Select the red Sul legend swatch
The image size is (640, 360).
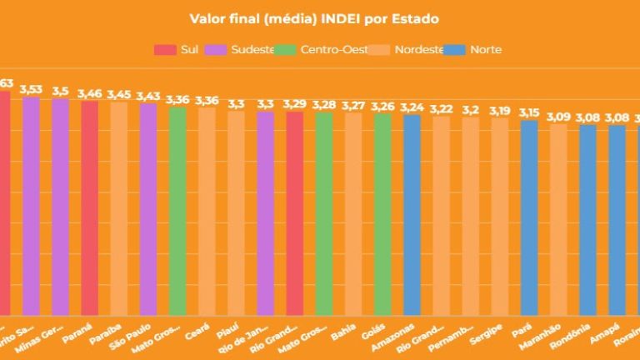[x=165, y=49]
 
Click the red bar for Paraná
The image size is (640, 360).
[x=89, y=208]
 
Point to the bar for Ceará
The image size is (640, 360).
[x=207, y=212]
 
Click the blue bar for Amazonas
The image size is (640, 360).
[x=412, y=216]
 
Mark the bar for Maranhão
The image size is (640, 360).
[x=558, y=220]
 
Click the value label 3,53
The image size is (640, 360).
[x=31, y=88]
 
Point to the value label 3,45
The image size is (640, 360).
[x=118, y=94]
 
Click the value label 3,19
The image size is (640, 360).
[x=500, y=110]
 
